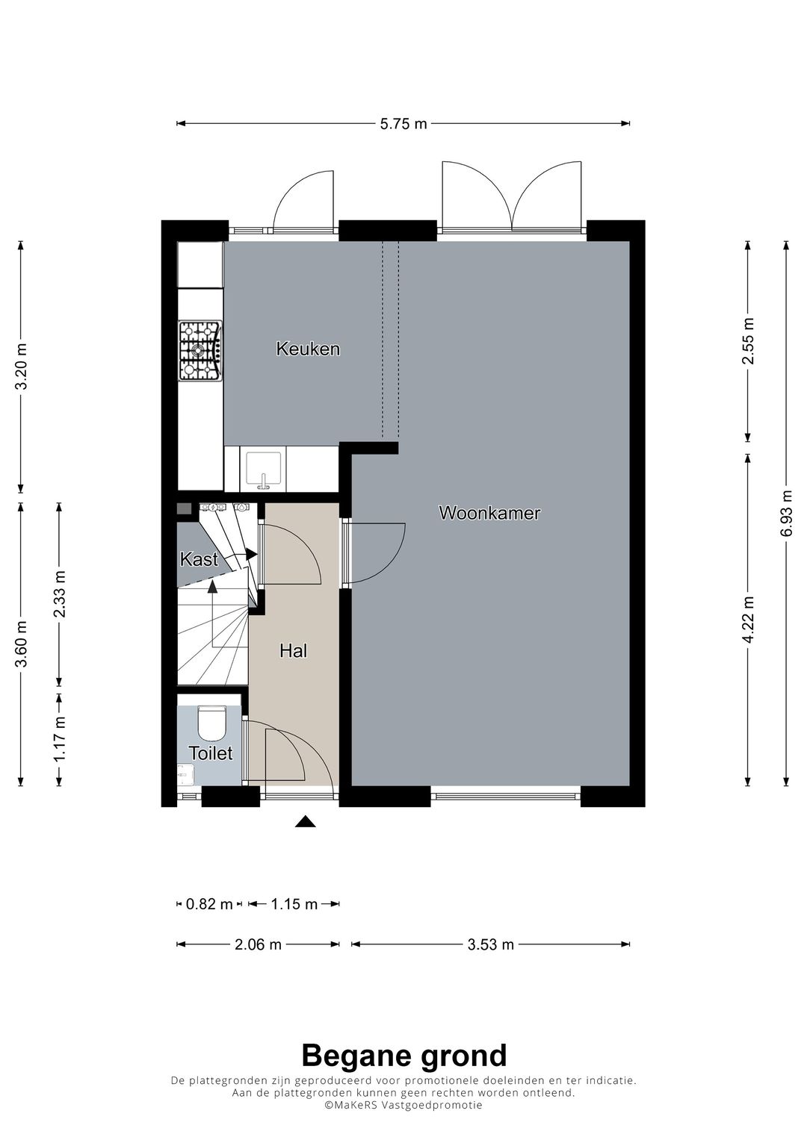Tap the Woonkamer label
pos(489,513)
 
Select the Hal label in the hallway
pos(293,650)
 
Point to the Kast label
pos(199,559)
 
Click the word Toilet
pos(211,753)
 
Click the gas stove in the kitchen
pos(200,350)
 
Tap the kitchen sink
pos(263,469)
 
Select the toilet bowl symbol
pos(212,723)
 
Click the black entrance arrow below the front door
pos(305,821)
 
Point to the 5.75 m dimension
pos(403,124)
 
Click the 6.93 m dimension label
pos(787,513)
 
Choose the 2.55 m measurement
pos(747,341)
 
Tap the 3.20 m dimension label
pos(21,367)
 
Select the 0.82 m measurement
pos(209,904)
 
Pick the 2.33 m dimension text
pos(60,594)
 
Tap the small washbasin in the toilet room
pos(185,776)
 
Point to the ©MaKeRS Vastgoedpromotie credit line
pos(403,1105)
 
